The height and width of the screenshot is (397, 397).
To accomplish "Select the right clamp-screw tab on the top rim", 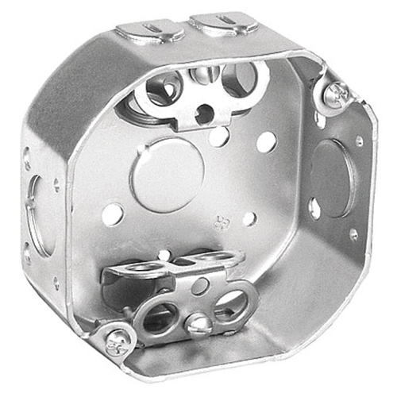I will [x=223, y=23].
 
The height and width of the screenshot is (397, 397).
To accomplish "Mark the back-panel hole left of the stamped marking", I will [x=113, y=213].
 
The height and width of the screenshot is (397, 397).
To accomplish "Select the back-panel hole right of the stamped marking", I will [x=249, y=218].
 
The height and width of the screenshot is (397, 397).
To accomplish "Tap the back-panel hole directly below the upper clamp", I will [x=219, y=137].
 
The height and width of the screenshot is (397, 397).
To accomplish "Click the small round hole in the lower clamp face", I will [x=199, y=285].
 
